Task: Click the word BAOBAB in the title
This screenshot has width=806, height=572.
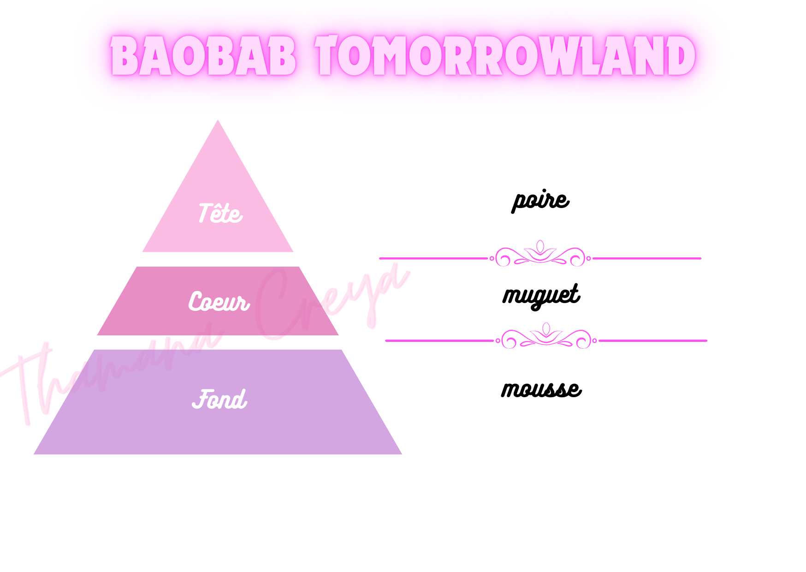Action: [x=203, y=56]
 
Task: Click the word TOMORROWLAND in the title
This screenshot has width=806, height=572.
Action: [x=505, y=56]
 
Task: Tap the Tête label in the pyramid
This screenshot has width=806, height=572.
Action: [x=220, y=214]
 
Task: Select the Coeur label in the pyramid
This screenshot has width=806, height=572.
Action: [x=219, y=302]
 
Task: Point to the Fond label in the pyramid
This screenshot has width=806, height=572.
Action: [x=219, y=399]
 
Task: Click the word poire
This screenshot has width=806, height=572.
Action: [x=540, y=200]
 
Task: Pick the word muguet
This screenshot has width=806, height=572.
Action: [x=541, y=295]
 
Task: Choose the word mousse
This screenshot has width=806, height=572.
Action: [x=541, y=389]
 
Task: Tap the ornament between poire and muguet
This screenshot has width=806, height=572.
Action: [x=540, y=254]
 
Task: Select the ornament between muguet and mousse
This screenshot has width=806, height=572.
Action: [x=546, y=337]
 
